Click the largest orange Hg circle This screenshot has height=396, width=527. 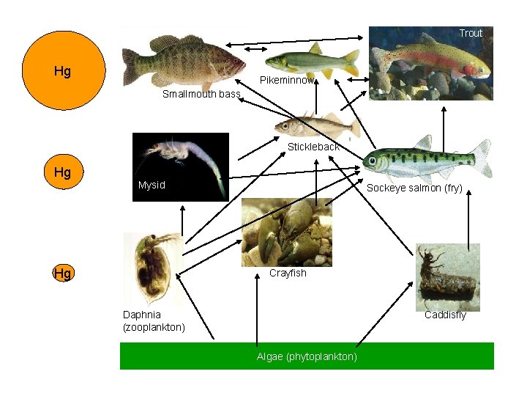pos(64,70)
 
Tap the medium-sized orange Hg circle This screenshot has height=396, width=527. pos(63,173)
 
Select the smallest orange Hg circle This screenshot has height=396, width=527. pos(63,274)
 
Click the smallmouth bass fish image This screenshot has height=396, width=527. pos(183,60)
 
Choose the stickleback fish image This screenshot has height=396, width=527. pos(316,127)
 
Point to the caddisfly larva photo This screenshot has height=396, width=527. pos(447,276)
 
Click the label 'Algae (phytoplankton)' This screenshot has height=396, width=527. pos(307,356)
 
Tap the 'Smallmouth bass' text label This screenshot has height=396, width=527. pos(201,94)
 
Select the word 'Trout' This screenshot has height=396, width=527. pos(471,33)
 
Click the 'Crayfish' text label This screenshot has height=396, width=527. pos(288,273)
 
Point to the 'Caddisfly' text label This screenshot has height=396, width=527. pos(445,315)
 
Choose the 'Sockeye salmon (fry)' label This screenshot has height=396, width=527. pos(414,188)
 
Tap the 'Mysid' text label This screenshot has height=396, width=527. pos(152,185)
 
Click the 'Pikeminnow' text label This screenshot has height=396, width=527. pos(287,79)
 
